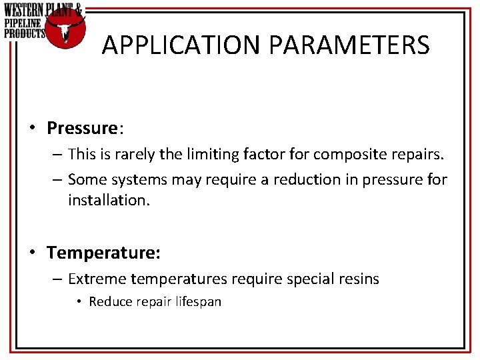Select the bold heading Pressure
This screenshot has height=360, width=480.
[81, 127]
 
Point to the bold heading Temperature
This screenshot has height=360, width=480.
[103, 253]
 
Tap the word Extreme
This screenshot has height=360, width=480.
[97, 279]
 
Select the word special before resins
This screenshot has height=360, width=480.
[310, 279]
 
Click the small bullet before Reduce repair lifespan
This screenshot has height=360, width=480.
[79, 302]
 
